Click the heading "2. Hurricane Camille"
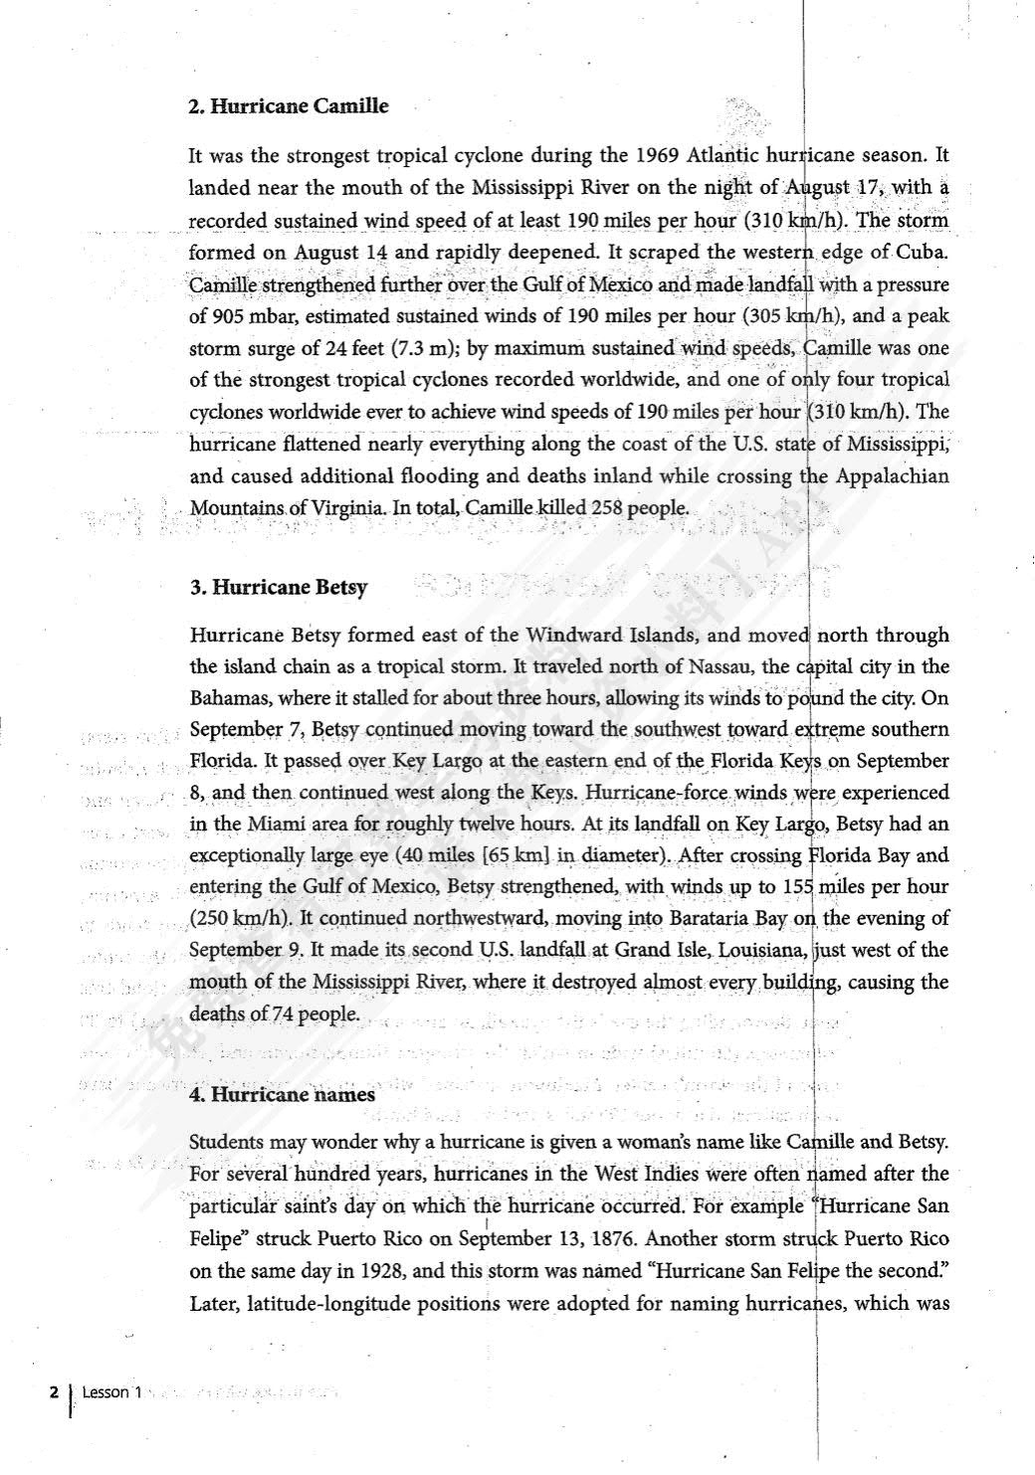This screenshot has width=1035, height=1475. click(289, 105)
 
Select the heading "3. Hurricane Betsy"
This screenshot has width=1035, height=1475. click(279, 587)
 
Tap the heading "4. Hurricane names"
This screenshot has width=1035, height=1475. click(283, 1095)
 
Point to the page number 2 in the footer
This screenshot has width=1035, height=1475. click(55, 1393)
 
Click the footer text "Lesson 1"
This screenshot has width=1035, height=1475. click(105, 1393)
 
